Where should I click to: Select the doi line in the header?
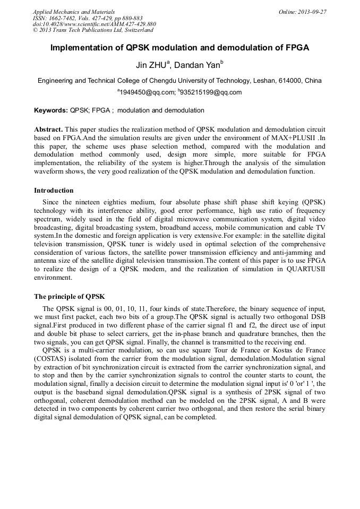pyautogui.click(x=94, y=24)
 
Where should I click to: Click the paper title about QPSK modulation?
pyautogui.click(x=179, y=48)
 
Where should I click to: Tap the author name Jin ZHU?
pyautogui.click(x=152, y=65)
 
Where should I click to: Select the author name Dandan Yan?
pyautogui.click(x=199, y=65)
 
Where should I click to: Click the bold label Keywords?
pyautogui.click(x=51, y=110)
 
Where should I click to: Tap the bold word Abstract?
pyautogui.click(x=48, y=130)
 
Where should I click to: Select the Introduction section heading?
pyautogui.click(x=54, y=191)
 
